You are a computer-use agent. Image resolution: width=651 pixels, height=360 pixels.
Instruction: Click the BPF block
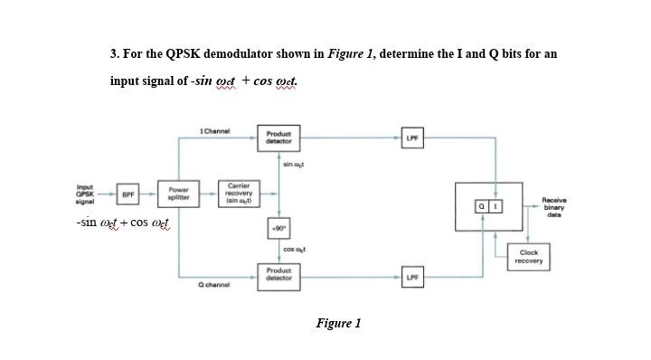(128, 194)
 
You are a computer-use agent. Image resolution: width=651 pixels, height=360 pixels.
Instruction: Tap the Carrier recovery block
(240, 194)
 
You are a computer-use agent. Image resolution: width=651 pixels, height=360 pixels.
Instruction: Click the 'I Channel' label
(213, 132)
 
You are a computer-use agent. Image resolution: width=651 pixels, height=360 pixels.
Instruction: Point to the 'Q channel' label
(213, 285)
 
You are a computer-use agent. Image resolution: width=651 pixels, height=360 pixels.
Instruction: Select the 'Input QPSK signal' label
(90, 194)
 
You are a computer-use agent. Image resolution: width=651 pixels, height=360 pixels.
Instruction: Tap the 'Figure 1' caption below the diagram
(337, 323)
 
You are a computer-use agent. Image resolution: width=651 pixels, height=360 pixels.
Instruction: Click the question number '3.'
(115, 53)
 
